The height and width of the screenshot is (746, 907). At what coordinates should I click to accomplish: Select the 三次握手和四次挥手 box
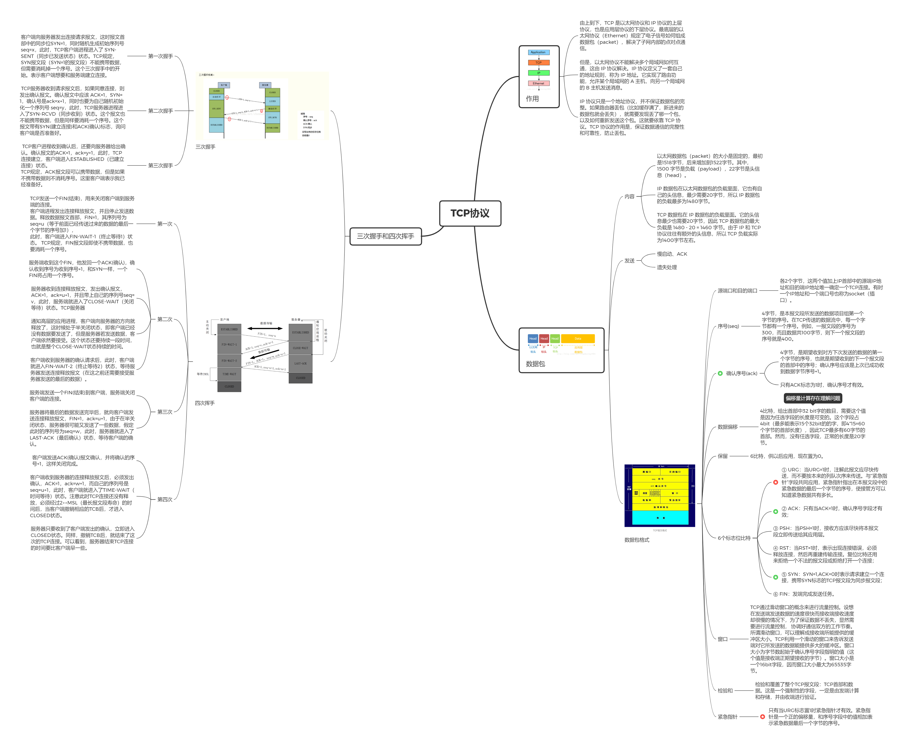[385, 236]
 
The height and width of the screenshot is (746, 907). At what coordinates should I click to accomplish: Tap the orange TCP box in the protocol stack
[538, 62]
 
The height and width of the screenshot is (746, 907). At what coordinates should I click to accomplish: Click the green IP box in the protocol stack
[538, 73]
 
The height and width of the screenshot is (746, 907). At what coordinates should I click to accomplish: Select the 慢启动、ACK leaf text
[672, 254]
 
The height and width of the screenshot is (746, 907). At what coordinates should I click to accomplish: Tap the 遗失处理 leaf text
[666, 267]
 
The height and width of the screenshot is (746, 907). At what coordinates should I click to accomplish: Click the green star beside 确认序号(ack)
[720, 374]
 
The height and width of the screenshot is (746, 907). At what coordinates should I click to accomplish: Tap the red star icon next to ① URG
[775, 482]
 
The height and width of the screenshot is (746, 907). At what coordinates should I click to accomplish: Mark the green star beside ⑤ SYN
[775, 577]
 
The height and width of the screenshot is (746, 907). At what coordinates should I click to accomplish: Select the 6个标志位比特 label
[734, 538]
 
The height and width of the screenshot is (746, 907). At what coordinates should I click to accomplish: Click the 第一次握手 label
[160, 56]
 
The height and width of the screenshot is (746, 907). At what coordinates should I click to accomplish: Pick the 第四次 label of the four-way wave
[165, 499]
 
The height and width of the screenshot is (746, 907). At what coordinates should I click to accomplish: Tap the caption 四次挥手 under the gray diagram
[205, 403]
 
